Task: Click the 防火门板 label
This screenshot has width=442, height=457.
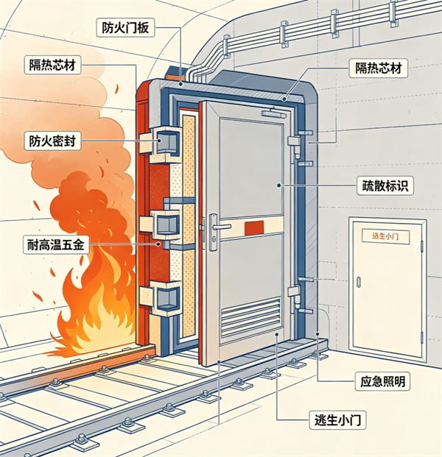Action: [125, 28]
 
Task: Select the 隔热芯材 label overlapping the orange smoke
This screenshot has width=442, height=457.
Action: [52, 65]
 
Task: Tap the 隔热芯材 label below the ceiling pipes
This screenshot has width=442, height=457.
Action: [378, 68]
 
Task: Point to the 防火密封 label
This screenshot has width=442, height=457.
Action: [52, 141]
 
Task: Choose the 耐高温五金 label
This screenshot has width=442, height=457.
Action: [56, 244]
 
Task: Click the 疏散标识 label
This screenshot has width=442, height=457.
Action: [385, 185]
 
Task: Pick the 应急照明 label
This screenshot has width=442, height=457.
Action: [382, 381]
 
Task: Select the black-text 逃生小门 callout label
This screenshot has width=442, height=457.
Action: [337, 420]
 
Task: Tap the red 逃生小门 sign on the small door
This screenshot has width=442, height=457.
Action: [385, 236]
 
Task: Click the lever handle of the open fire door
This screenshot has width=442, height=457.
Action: [220, 227]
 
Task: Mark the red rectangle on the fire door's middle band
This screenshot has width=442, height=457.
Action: [254, 227]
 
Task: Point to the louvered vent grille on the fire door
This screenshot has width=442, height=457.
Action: [250, 316]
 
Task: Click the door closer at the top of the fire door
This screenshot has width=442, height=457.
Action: [273, 113]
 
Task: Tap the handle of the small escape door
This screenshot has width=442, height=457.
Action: [359, 282]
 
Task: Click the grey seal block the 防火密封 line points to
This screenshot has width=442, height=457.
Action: [167, 141]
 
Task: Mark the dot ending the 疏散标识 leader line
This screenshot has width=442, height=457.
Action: [279, 185]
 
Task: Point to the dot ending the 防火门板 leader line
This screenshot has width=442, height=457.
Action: [181, 84]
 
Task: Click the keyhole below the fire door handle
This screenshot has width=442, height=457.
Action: [214, 239]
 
